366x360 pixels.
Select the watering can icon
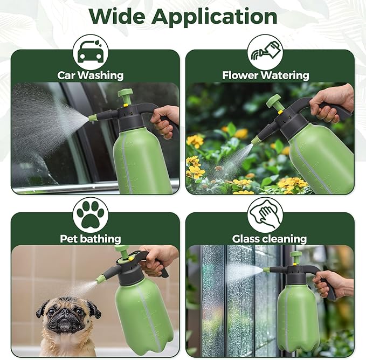point(265,52)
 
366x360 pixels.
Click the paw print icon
point(90,214)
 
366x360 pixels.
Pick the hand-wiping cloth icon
point(265,214)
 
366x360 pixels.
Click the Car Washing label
point(91,75)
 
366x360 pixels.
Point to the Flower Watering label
point(265,75)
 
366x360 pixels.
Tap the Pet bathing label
point(91,238)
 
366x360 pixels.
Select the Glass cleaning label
point(270,238)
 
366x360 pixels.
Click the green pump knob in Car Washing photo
point(125,94)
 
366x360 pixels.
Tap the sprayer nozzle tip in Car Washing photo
point(93,117)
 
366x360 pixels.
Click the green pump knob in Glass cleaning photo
point(295,255)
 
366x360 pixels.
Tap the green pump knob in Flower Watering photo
point(274,100)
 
